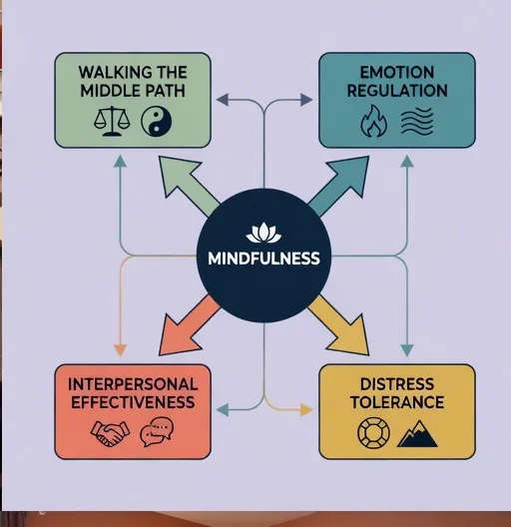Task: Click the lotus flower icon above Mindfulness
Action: [x=263, y=233]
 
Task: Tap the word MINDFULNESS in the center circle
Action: [x=263, y=259]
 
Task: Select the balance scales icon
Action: [x=112, y=121]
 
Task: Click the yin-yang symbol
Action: [x=157, y=122]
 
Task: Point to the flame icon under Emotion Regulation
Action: [x=373, y=122]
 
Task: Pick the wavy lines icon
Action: [x=417, y=122]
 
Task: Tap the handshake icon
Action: [x=110, y=433]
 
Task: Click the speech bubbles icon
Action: [x=157, y=431]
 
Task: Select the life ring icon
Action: [x=374, y=433]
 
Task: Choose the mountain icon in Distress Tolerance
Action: [x=417, y=434]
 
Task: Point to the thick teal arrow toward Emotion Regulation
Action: [x=339, y=186]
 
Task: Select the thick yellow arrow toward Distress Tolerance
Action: [x=339, y=325]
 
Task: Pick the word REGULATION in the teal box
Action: [x=397, y=91]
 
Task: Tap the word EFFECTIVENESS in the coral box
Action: [x=133, y=402]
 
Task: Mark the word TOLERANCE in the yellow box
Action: [x=397, y=402]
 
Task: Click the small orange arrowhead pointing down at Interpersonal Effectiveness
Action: [x=120, y=350]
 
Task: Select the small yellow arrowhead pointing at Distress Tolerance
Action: [x=306, y=409]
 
